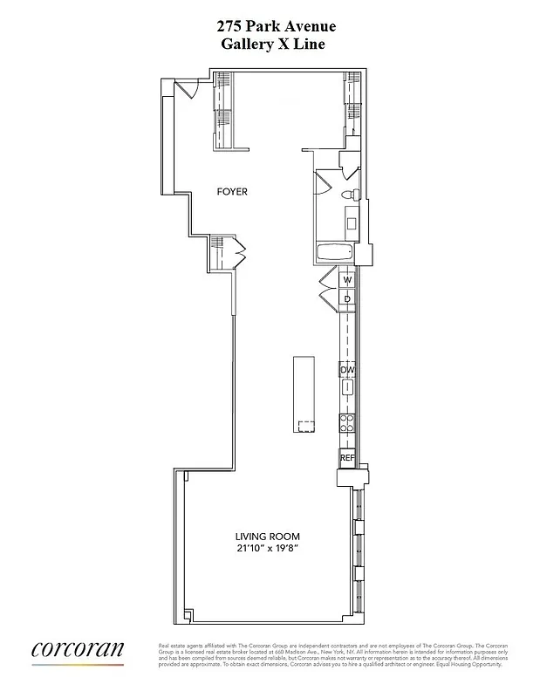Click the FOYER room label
pyautogui.click(x=233, y=191)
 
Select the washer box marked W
pyautogui.click(x=347, y=280)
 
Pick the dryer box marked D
pyautogui.click(x=347, y=299)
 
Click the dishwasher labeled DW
pyautogui.click(x=347, y=370)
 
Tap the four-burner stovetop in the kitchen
pyautogui.click(x=347, y=423)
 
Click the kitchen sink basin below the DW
pyautogui.click(x=347, y=388)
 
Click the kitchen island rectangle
pyautogui.click(x=304, y=393)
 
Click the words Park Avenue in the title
pyautogui.click(x=291, y=28)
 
